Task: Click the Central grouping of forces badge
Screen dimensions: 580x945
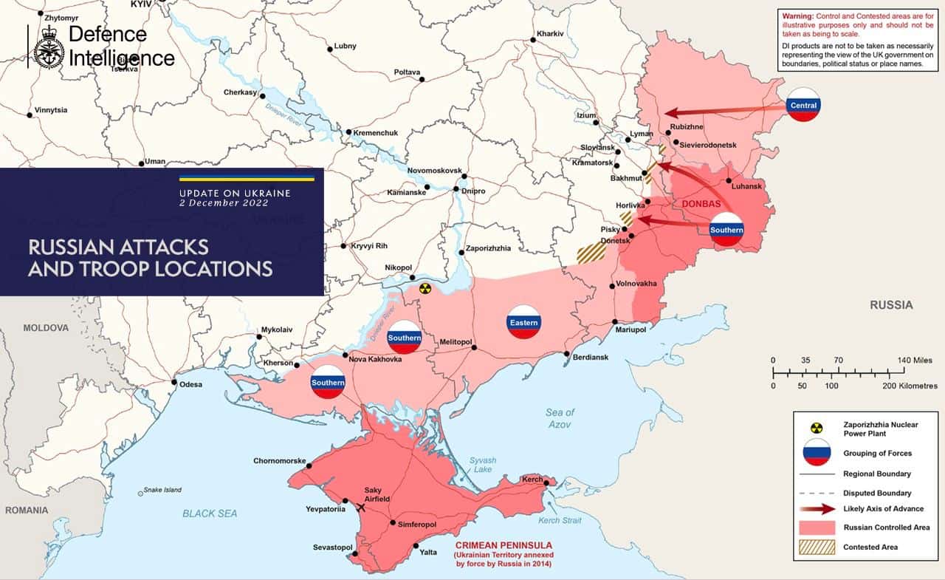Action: (x=803, y=105)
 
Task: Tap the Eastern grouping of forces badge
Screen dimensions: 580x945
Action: (x=523, y=322)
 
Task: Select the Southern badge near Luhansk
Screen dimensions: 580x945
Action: (x=726, y=230)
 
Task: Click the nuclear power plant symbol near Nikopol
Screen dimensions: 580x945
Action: (x=424, y=288)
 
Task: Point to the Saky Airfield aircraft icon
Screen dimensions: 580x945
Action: (x=361, y=508)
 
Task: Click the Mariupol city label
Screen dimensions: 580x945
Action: (x=630, y=330)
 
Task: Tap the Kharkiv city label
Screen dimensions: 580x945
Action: (x=551, y=34)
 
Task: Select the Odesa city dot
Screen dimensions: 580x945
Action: (x=173, y=383)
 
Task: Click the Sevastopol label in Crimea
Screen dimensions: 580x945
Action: (x=333, y=547)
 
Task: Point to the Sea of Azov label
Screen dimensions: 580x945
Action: (x=560, y=418)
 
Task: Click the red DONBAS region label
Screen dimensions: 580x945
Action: (x=701, y=203)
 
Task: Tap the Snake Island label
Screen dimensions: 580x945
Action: (x=162, y=490)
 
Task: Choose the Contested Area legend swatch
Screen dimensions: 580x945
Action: (x=817, y=547)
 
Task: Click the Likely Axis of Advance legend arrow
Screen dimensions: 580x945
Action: (x=817, y=509)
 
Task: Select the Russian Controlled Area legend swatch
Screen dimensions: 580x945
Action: (x=817, y=528)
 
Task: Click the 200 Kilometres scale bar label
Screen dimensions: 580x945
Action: (x=910, y=386)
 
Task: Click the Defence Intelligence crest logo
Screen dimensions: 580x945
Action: (x=49, y=46)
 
